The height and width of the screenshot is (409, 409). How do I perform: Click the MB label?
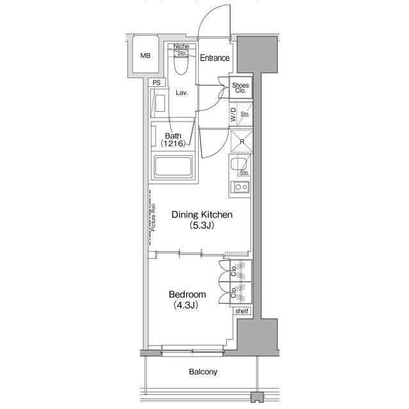(145, 56)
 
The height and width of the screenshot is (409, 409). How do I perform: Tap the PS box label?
(157, 82)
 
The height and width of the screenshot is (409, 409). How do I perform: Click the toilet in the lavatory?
(181, 65)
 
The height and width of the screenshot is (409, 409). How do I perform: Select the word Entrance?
(215, 58)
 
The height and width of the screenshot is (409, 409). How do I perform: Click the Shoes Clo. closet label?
(240, 88)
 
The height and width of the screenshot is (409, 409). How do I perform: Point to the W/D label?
(233, 114)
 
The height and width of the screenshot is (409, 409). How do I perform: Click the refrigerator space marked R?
(242, 142)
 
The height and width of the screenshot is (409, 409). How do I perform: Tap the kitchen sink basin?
(238, 164)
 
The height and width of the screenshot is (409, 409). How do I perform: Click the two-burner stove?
(242, 187)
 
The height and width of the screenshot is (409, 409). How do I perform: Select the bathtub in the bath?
(173, 167)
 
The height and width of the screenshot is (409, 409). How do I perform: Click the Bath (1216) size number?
(173, 143)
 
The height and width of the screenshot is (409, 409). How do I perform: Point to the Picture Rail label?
(153, 217)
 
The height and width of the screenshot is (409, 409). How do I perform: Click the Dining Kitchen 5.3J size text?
(202, 226)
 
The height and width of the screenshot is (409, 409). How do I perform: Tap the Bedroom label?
(187, 295)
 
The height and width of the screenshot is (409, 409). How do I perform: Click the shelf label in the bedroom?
(242, 311)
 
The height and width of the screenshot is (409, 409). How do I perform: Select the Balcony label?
(203, 372)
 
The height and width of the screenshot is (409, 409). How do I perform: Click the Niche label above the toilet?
(181, 46)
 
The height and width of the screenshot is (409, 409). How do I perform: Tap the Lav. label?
(181, 93)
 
